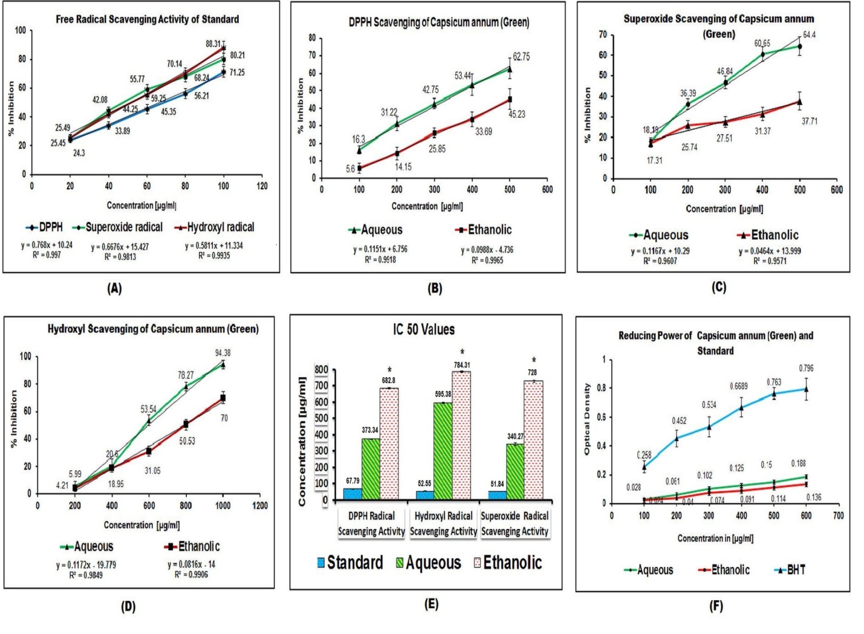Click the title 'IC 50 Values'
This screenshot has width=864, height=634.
coord(423,330)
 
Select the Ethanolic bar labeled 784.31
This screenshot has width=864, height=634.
coord(461,435)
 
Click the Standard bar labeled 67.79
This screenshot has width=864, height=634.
coord(352,494)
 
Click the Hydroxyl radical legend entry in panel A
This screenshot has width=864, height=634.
coord(214,228)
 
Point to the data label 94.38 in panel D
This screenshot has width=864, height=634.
coord(222,353)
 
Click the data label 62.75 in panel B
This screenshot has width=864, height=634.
coord(521,57)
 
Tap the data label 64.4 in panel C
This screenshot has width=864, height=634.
coord(809,35)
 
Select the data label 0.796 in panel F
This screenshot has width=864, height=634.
coord(806,368)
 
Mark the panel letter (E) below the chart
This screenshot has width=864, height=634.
coord(430,604)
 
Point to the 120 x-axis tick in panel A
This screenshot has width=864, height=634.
coord(262,186)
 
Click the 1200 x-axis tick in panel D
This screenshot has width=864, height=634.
coord(260,506)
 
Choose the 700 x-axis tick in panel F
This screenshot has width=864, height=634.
coord(838,516)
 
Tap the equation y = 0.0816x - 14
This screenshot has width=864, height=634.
coord(191,564)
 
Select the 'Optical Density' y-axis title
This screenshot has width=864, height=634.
coord(586,419)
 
